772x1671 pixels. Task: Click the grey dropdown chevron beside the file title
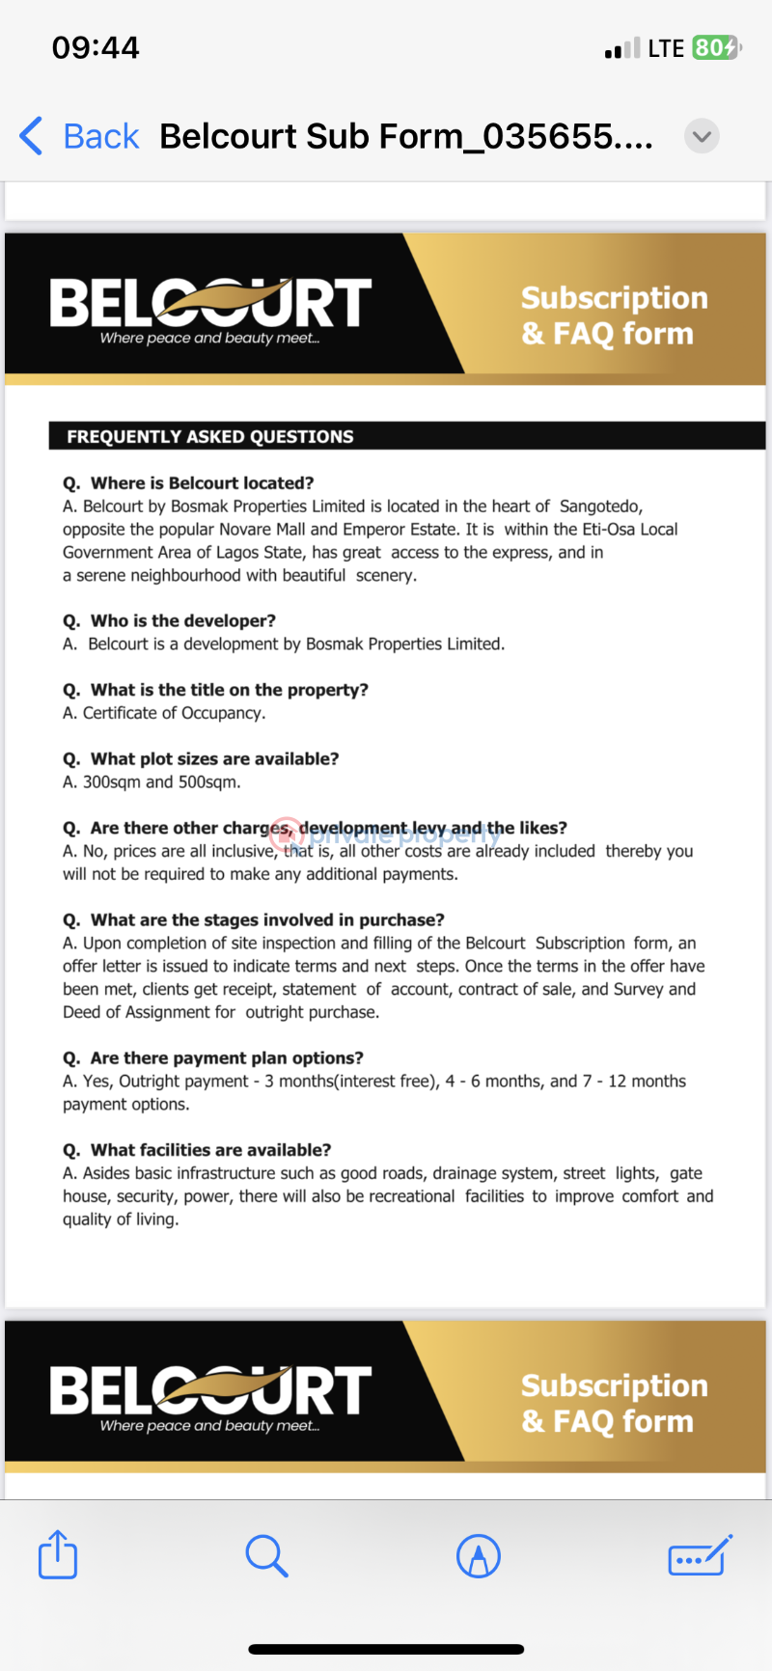[702, 136]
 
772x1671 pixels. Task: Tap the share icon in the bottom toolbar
[58, 1554]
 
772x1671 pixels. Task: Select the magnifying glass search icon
[266, 1555]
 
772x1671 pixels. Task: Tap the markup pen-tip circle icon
[479, 1555]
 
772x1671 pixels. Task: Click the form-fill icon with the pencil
[700, 1555]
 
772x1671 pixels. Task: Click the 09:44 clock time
[96, 47]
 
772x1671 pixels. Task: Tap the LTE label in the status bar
[666, 48]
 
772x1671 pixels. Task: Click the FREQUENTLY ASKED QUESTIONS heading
[210, 436]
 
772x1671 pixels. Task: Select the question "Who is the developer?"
[182, 620]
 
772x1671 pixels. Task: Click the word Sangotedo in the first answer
[600, 506]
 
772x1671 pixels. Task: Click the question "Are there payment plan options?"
[226, 1057]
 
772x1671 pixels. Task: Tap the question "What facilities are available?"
[210, 1150]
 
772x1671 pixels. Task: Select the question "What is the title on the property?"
[229, 690]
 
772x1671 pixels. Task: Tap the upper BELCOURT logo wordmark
[210, 303]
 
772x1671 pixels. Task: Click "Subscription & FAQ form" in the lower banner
[614, 1403]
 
